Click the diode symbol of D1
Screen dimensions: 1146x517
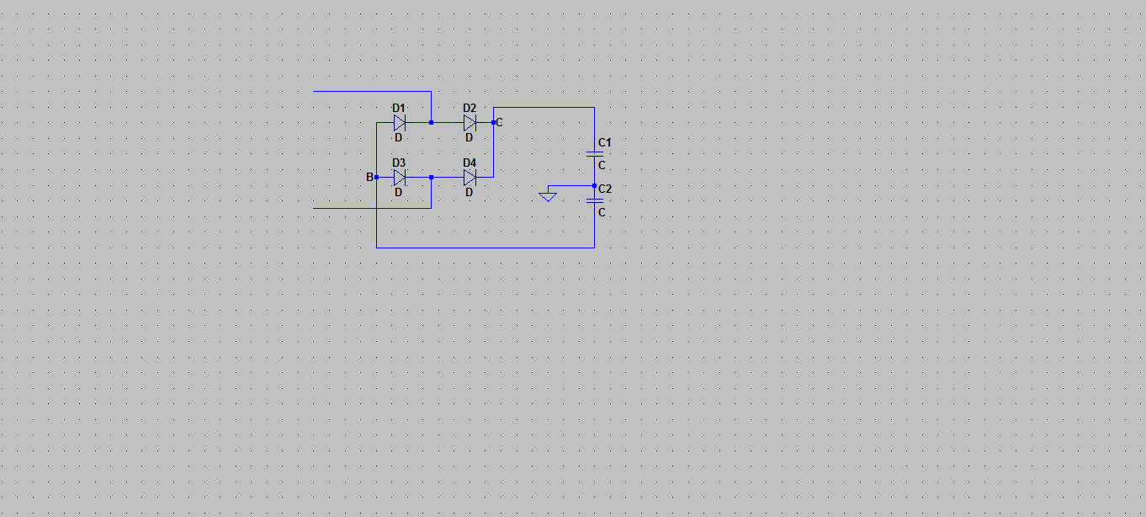(400, 123)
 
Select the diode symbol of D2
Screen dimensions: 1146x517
(470, 123)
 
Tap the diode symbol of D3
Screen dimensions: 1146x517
(400, 178)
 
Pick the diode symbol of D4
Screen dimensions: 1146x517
(470, 178)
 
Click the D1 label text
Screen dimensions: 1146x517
(399, 109)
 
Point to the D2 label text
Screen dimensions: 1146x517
(470, 109)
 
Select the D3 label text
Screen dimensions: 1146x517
(399, 163)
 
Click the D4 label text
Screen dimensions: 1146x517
(470, 163)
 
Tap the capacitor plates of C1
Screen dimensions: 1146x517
(595, 153)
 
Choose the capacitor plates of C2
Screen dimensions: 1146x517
(595, 200)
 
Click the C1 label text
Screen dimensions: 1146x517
(605, 143)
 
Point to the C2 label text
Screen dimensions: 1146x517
(605, 189)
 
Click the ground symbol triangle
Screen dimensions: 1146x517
(548, 197)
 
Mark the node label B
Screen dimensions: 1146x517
(369, 177)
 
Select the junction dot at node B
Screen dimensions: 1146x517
(377, 177)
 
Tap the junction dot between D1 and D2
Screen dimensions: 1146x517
(432, 123)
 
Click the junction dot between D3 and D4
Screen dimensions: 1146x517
(432, 177)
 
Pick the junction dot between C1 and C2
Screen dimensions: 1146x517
(595, 186)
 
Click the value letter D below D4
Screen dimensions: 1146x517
(469, 193)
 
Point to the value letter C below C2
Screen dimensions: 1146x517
(602, 212)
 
